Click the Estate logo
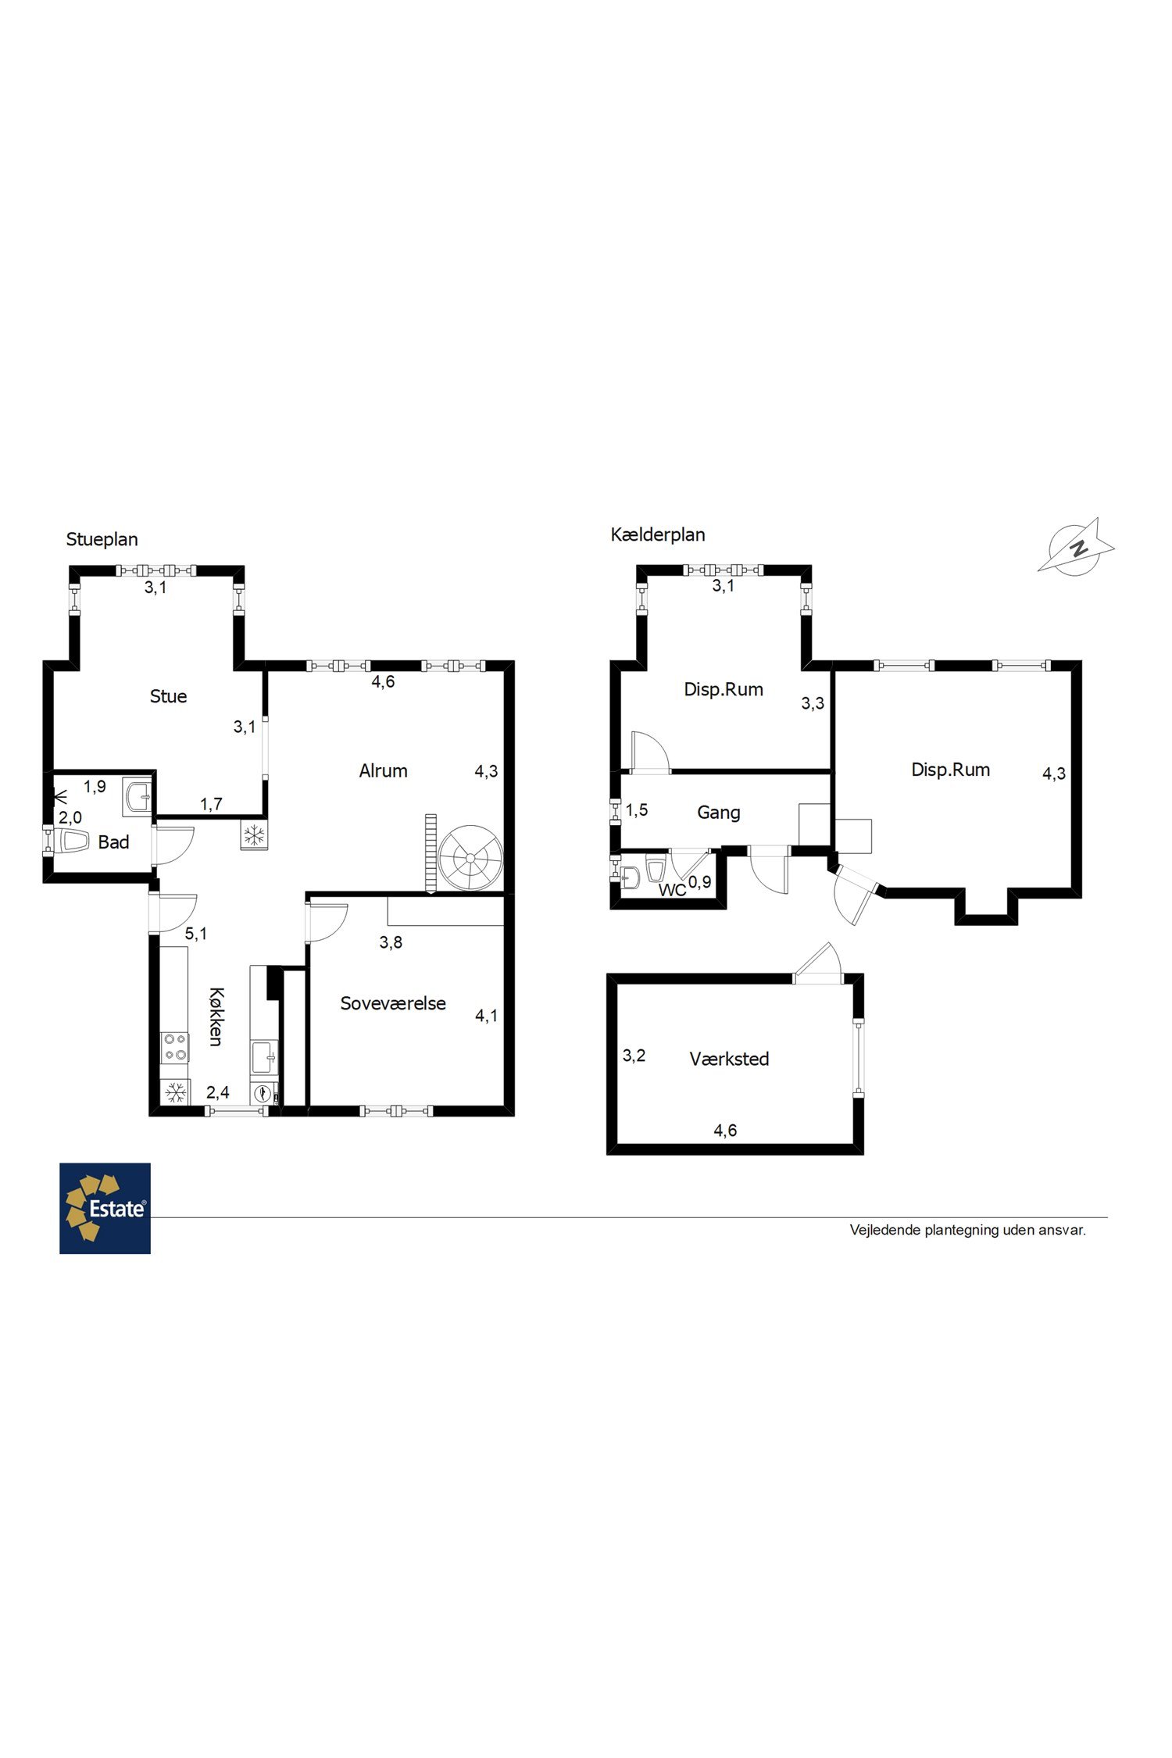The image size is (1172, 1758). (105, 1209)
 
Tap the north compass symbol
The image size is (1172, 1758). (1077, 548)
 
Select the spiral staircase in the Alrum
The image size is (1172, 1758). (470, 858)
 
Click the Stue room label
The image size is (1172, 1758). (168, 696)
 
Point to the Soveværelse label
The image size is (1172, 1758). (393, 1003)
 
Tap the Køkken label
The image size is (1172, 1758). (216, 1017)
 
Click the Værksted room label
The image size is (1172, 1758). (729, 1059)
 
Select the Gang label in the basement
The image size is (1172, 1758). (719, 813)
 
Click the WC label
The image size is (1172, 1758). (672, 890)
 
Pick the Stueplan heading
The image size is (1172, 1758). (102, 540)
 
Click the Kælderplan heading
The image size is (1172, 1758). (658, 534)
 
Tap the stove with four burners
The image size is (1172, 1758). (174, 1047)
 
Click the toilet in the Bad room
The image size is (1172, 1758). (70, 841)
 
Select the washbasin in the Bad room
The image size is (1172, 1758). (138, 798)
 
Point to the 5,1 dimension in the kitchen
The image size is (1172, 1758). (196, 934)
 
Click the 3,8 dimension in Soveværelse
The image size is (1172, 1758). (391, 943)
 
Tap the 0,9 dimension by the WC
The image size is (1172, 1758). (700, 882)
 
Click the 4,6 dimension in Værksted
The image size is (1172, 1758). (725, 1131)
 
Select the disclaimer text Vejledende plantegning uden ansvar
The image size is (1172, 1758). (967, 1230)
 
